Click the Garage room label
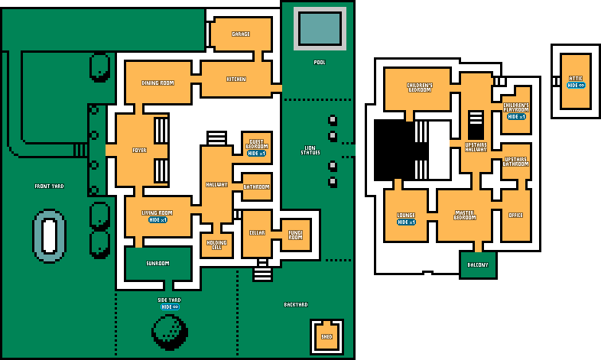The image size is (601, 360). coord(241,34)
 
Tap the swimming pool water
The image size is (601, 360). coord(320,28)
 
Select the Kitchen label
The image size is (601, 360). coord(236,79)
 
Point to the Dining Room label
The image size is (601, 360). coord(158,83)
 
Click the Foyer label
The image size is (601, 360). coord(139,151)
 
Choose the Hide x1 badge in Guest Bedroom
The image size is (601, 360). coord(257,154)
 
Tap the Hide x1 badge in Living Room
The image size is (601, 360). coord(158,220)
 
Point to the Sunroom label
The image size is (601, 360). coord(158,264)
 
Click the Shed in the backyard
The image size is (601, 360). coord(327,336)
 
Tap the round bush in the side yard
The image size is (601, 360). coord(170,332)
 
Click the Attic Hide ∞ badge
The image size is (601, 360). coord(576,86)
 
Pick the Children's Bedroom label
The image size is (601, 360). coord(419,88)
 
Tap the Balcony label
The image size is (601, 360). coord(477,265)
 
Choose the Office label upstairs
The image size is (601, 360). coord(516,216)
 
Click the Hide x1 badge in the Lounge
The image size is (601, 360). coord(406,222)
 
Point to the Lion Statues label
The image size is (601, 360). coord(310,151)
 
